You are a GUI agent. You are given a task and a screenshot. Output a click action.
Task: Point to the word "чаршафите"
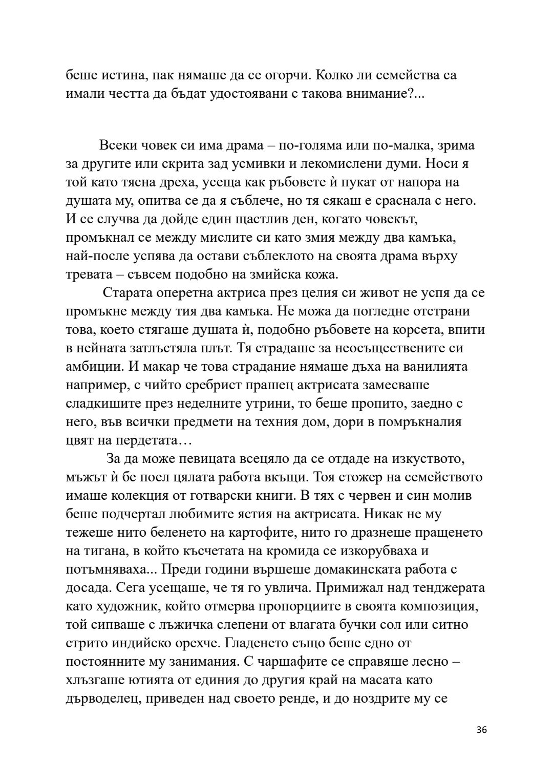click(289, 662)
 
